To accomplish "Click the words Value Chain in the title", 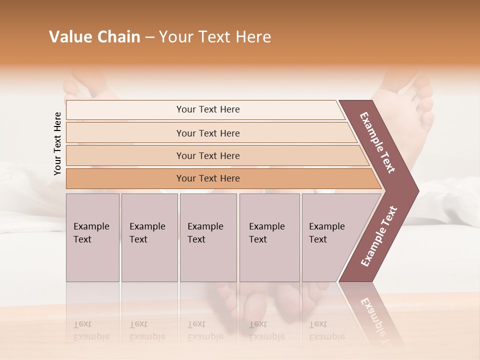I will [94, 37].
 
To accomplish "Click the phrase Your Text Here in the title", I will [215, 37].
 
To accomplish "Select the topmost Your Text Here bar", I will [207, 109].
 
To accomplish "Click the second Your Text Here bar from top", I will [207, 133].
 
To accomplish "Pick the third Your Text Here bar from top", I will [207, 155].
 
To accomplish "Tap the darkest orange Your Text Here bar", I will [207, 178].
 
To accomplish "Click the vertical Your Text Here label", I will [57, 143].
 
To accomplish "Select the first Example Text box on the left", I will [92, 237].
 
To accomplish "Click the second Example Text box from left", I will [149, 237].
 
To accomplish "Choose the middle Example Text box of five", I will [208, 237].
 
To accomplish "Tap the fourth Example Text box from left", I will [269, 237].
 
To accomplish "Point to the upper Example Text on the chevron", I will [377, 142].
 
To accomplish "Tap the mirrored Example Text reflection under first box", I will [91, 330].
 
